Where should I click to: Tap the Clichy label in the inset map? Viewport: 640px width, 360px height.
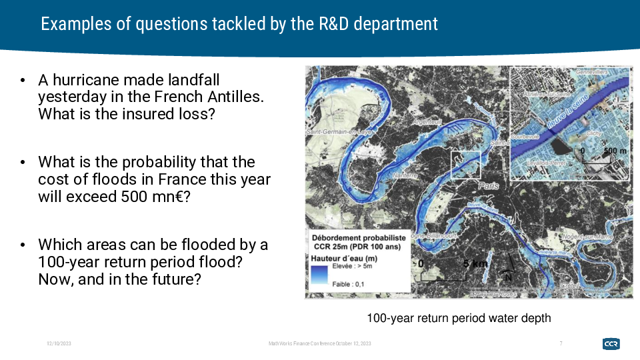tap(594, 133)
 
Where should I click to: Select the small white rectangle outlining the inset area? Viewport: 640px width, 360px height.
tap(465, 164)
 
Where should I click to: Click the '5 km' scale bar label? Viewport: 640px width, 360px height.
tap(475, 264)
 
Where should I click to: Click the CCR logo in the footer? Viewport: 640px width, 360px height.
tap(611, 343)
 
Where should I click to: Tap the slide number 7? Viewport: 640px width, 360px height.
tap(561, 343)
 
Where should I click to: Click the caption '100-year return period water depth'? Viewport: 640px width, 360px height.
tap(459, 318)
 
